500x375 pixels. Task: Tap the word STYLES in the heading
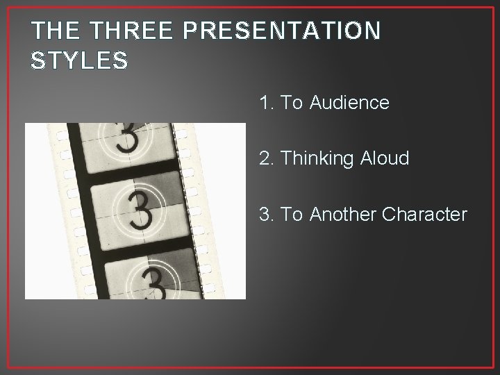point(78,60)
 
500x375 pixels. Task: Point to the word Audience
point(349,103)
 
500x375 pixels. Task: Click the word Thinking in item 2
point(310,159)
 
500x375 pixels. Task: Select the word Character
point(426,215)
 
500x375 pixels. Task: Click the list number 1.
point(265,103)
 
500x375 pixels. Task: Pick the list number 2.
point(265,159)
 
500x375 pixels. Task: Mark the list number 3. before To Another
point(265,215)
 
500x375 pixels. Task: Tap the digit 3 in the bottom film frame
point(152,283)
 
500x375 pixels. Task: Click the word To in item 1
point(292,103)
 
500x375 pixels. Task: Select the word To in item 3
point(292,215)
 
